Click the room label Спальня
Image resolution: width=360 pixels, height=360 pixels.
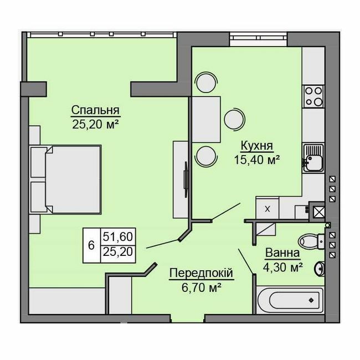(x=96, y=109)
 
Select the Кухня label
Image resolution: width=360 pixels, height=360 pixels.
(x=256, y=146)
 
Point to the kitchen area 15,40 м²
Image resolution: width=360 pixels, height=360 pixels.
(x=256, y=160)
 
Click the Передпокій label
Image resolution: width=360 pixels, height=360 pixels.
(x=200, y=273)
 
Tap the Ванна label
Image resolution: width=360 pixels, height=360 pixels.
(x=282, y=254)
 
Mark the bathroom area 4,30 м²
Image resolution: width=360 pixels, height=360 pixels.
(x=282, y=268)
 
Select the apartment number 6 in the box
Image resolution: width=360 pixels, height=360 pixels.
(x=91, y=244)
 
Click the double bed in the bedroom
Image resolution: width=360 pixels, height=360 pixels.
(x=72, y=179)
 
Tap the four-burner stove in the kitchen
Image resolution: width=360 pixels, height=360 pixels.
(x=313, y=97)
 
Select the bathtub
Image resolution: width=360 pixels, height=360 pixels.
(x=290, y=301)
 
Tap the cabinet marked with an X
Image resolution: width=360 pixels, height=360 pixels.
(x=268, y=209)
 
